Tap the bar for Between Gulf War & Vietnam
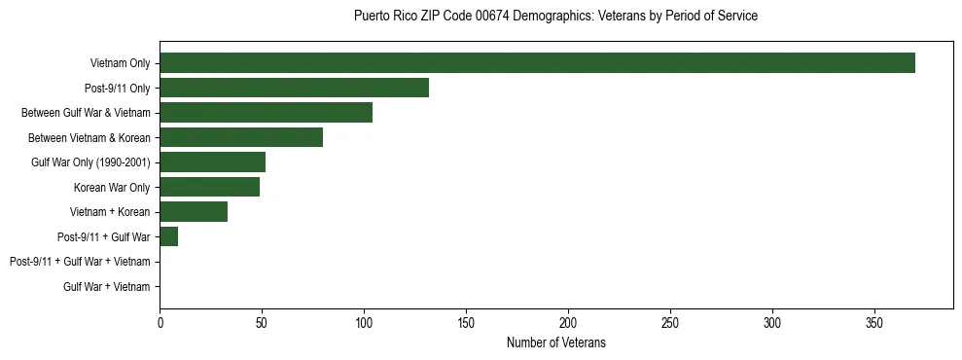coord(266,113)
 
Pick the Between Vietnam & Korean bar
coord(241,137)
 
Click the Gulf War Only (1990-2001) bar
coord(212,162)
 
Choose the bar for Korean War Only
coord(209,187)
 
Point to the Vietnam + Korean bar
coord(194,212)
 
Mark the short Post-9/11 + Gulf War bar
coord(169,236)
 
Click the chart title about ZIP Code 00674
coord(555,17)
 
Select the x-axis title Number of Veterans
coord(555,342)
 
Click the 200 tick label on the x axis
coord(568,322)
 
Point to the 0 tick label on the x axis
coord(160,322)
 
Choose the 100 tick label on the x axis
coord(364,322)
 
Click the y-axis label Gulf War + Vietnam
coord(107,286)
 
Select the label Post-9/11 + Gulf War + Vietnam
coord(80,262)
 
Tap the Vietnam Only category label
coord(120,63)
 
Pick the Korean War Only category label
coord(112,187)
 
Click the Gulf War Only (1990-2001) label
coord(90,162)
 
